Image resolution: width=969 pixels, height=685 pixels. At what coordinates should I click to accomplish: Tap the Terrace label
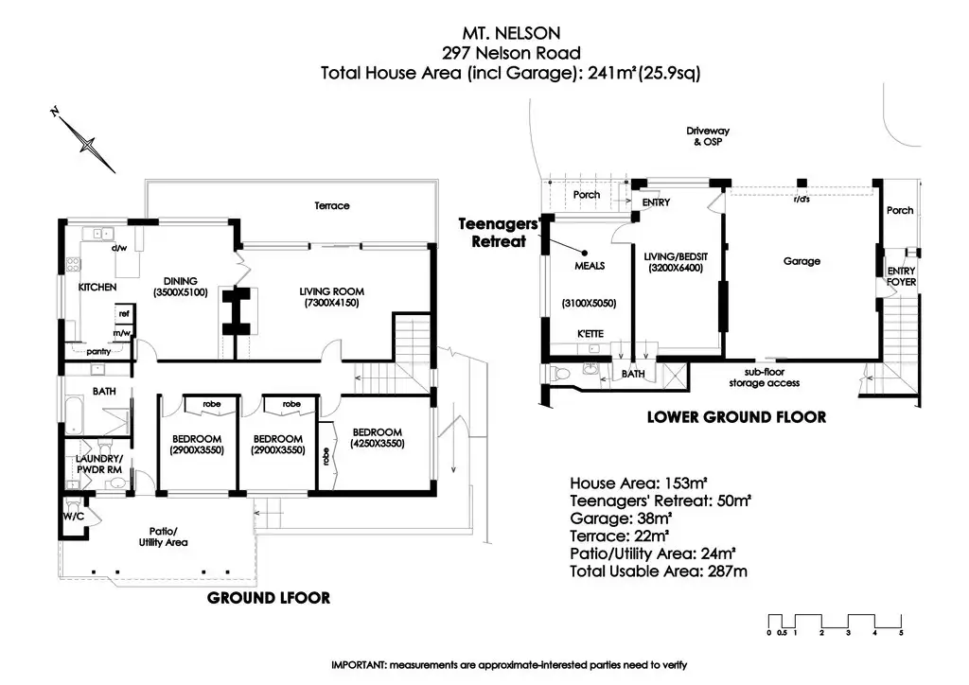(332, 205)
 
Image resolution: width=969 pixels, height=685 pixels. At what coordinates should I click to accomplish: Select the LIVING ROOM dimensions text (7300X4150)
(331, 303)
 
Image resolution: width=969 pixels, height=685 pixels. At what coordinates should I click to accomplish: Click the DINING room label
(181, 281)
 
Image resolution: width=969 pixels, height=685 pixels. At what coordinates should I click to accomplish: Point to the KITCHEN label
(97, 288)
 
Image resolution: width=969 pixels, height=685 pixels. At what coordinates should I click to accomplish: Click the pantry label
(98, 351)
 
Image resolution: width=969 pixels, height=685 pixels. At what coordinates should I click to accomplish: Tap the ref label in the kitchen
(124, 314)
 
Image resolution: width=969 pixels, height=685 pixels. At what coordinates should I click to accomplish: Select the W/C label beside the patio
(73, 517)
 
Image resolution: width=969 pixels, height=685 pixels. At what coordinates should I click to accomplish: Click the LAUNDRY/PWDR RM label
(98, 464)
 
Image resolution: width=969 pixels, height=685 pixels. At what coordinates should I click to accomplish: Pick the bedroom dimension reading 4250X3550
(377, 444)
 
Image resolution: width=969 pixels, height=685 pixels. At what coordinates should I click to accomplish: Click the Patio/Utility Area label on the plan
(163, 536)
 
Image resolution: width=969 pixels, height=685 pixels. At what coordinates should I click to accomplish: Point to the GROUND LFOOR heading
(269, 598)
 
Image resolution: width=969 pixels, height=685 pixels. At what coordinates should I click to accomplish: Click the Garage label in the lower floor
(802, 261)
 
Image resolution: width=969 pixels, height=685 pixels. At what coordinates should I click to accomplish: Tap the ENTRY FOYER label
(901, 276)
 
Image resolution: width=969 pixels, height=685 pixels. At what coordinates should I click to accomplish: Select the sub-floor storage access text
(765, 378)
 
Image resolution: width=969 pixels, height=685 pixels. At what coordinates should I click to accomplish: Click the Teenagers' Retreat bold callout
(500, 232)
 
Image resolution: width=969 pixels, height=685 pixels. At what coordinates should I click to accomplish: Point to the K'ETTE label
(590, 334)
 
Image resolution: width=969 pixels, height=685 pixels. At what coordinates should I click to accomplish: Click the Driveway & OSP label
(708, 136)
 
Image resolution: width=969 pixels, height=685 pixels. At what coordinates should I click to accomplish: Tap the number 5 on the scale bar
(901, 633)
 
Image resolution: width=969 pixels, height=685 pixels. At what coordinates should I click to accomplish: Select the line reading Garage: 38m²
(621, 518)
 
